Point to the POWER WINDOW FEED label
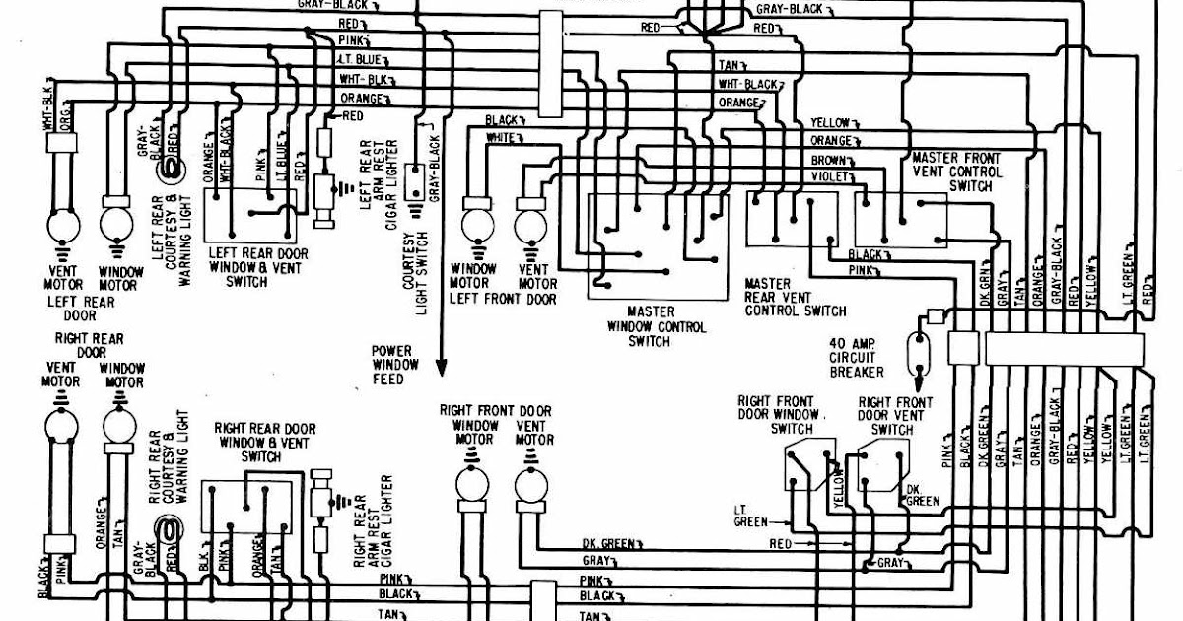[x=395, y=364]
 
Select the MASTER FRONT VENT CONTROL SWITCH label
[x=955, y=172]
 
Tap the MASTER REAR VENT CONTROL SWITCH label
[x=795, y=297]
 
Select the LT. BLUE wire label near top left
[x=353, y=61]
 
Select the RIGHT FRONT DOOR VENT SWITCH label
[x=895, y=416]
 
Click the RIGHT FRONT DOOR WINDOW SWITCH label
[x=779, y=415]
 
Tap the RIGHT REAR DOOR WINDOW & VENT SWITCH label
[x=265, y=443]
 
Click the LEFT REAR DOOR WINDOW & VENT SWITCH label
[x=258, y=267]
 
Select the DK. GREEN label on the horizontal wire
[x=608, y=544]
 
